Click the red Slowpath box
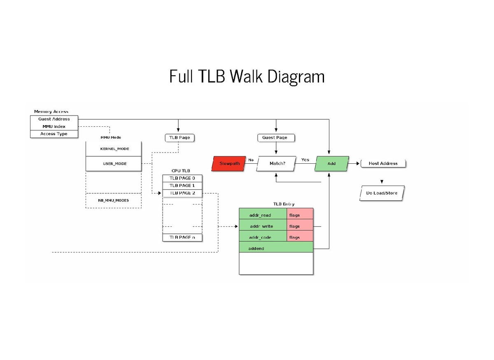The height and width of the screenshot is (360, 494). [228, 164]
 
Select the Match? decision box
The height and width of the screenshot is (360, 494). [277, 164]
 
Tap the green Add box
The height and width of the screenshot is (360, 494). [331, 164]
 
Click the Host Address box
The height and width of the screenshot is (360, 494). [383, 164]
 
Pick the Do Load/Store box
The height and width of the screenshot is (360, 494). [382, 193]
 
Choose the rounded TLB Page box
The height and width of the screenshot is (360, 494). [179, 137]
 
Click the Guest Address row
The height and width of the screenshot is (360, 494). [54, 119]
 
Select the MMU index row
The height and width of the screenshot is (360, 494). [54, 127]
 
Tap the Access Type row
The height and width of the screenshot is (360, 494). [54, 134]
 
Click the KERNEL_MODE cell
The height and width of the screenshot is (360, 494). [113, 149]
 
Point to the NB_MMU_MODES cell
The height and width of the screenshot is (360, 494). [113, 200]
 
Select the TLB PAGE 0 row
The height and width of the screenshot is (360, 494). [182, 179]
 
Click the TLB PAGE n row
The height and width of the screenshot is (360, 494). [182, 237]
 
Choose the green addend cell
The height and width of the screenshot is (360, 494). [276, 249]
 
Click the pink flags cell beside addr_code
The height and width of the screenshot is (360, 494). [300, 237]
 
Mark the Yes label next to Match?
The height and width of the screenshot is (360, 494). [305, 160]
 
